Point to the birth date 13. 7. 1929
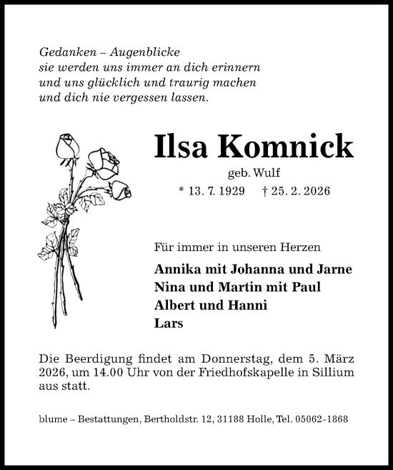tap(217, 192)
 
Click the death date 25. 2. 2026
tap(299, 192)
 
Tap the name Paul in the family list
tap(307, 288)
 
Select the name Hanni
tap(250, 305)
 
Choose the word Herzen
tap(301, 248)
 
